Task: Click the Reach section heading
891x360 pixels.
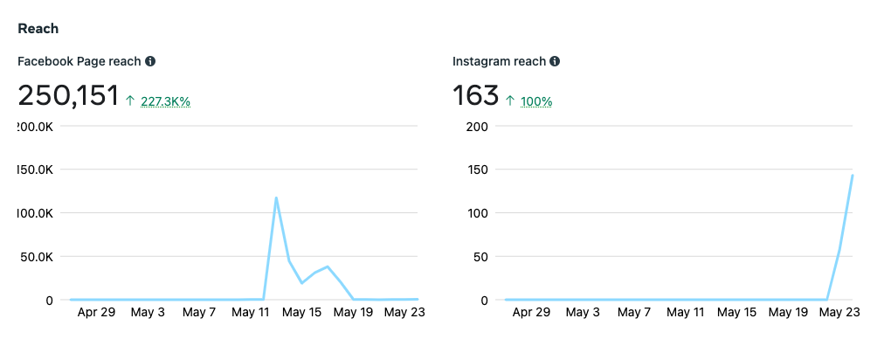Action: (38, 29)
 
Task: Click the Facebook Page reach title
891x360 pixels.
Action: (79, 61)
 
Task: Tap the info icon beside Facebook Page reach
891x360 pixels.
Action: (150, 61)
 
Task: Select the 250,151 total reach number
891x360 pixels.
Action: (68, 95)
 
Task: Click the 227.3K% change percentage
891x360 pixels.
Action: (165, 101)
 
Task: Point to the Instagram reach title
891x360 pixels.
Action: (499, 61)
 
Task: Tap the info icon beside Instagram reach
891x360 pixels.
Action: (555, 61)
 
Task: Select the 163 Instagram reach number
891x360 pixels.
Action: (476, 95)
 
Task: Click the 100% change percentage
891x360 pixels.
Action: (536, 101)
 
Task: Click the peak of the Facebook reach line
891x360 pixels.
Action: (276, 197)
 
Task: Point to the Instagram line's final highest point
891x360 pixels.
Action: (853, 176)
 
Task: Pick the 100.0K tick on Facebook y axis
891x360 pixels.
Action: (36, 213)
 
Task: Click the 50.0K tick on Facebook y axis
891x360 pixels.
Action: (38, 257)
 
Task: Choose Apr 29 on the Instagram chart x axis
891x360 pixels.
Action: (531, 312)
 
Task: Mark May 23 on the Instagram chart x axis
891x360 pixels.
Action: (840, 312)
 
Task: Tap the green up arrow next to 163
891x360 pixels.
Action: (511, 101)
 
